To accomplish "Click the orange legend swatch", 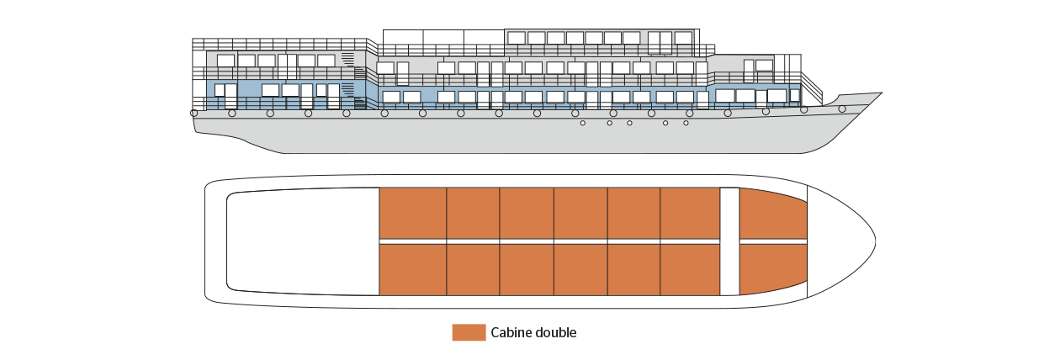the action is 469,332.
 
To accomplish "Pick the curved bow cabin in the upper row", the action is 773,214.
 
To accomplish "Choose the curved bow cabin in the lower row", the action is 773,268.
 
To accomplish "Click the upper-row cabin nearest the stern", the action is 412,214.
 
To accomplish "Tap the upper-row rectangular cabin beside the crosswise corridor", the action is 690,214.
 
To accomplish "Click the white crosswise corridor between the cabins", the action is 729,241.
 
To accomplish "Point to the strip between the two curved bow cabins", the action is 773,241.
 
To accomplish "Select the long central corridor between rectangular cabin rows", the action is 549,241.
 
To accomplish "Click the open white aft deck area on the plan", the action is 303,241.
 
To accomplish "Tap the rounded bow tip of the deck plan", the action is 875,241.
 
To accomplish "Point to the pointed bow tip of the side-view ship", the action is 882,93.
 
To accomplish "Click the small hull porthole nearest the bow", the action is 686,123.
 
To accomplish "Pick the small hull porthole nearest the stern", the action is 582,123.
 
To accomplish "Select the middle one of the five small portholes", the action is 629,123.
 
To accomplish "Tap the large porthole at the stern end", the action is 193,113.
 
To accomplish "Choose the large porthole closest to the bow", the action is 842,109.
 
